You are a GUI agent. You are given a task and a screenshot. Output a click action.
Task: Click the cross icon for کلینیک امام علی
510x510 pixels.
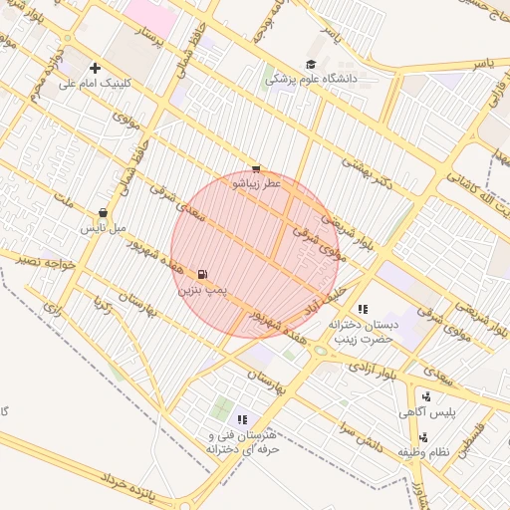pyautogui.click(x=95, y=68)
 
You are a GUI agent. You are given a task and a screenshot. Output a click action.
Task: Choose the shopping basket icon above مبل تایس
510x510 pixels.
pyautogui.click(x=104, y=213)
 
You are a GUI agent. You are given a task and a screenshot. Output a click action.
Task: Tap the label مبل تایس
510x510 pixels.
pyautogui.click(x=104, y=228)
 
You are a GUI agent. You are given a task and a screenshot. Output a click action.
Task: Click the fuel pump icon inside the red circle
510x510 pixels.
pyautogui.click(x=203, y=274)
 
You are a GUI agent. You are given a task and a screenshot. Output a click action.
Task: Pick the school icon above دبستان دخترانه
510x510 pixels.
pyautogui.click(x=363, y=309)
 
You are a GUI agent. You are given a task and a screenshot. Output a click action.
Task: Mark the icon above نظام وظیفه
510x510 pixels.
pyautogui.click(x=424, y=436)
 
